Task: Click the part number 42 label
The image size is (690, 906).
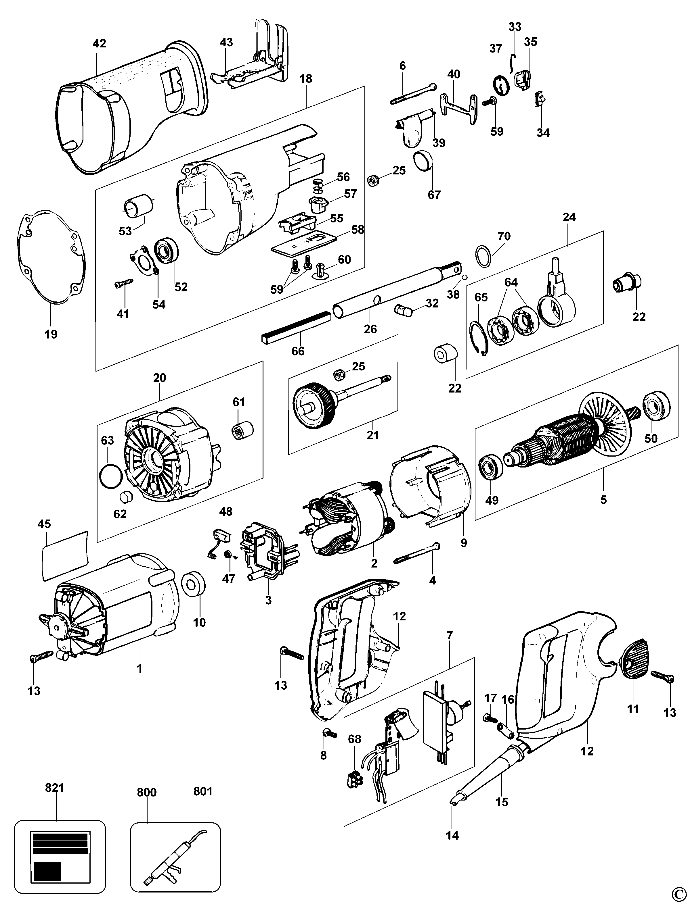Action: coord(100,43)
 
